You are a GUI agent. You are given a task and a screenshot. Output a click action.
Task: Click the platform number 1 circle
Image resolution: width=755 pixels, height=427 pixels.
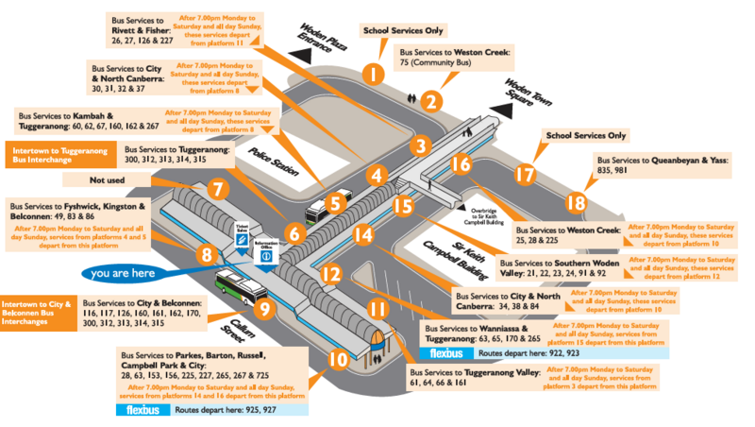pyautogui.click(x=375, y=72)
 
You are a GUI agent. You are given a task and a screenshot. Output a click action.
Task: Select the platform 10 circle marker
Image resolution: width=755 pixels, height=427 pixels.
pyautogui.click(x=338, y=359)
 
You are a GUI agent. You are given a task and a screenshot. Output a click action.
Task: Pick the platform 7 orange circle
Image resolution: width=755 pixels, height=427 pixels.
pyautogui.click(x=217, y=189)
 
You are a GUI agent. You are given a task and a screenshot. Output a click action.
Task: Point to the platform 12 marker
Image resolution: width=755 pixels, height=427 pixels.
pyautogui.click(x=330, y=275)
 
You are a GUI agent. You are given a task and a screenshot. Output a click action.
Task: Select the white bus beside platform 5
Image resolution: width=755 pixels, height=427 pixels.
pyautogui.click(x=337, y=200)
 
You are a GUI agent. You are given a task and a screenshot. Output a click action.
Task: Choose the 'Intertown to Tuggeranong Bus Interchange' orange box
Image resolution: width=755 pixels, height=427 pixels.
pyautogui.click(x=59, y=156)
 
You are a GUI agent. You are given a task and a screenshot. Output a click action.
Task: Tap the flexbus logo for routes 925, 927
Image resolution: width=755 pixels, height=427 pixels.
pyautogui.click(x=143, y=411)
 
